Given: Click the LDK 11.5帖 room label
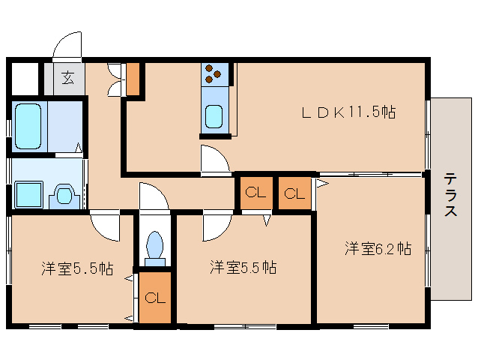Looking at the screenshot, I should click(x=348, y=113).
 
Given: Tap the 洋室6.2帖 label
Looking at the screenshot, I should click(x=378, y=248).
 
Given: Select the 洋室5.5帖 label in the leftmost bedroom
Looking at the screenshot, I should click(x=76, y=268).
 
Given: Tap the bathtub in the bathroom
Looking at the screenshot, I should click(x=31, y=125).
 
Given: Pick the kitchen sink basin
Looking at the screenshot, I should click(x=214, y=118).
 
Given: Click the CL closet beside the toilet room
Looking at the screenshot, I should click(x=154, y=298).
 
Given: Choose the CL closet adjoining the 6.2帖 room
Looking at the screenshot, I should click(x=295, y=193).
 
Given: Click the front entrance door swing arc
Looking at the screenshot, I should click(x=66, y=44).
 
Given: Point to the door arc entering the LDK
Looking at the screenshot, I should click(x=214, y=159).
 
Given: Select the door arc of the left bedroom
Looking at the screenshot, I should click(x=104, y=227).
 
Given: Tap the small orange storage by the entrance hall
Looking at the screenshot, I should click(x=133, y=79).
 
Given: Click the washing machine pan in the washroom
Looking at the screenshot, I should click(x=30, y=195).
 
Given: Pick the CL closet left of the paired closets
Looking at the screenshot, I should click(x=255, y=193).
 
